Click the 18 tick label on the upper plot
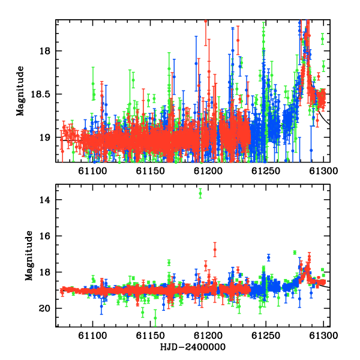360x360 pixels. click(45, 51)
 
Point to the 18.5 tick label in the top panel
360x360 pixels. click(40, 94)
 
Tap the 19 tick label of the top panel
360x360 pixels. click(45, 137)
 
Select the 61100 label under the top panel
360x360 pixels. click(92, 171)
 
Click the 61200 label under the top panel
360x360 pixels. click(208, 171)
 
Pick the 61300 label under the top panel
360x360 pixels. click(323, 171)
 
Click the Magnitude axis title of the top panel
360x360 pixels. click(20, 91)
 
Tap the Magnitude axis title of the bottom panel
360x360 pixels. click(29, 256)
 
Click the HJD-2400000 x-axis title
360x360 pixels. click(193, 347)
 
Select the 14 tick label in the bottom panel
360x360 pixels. click(45, 200)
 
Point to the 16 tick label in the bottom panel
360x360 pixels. click(45, 236)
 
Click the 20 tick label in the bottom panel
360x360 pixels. click(45, 308)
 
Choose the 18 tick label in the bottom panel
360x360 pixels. click(45, 272)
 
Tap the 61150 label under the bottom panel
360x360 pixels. click(151, 335)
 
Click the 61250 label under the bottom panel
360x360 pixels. click(266, 335)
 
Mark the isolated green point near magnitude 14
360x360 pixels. click(200, 193)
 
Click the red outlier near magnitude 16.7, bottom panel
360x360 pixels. click(215, 250)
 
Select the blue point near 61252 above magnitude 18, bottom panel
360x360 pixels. click(269, 258)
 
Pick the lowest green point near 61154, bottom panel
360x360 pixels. click(155, 318)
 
